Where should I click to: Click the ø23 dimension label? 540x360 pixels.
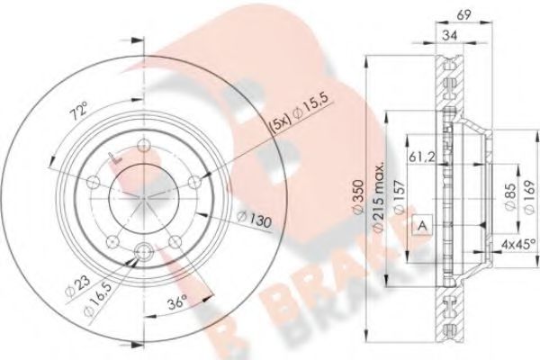point(77,290)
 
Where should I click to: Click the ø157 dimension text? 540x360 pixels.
point(400,192)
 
